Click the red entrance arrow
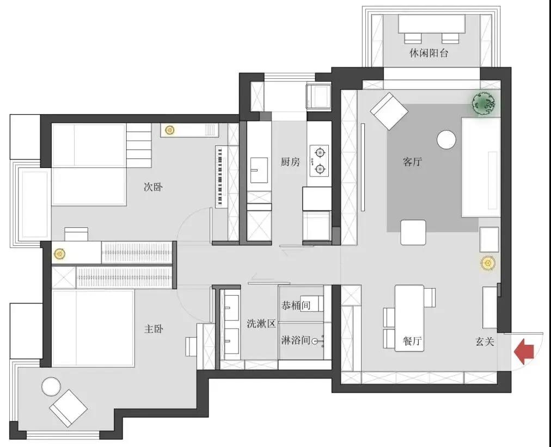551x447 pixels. click(524, 351)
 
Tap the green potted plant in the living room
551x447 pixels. click(484, 103)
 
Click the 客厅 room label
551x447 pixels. click(412, 162)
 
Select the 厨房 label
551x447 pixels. click(290, 162)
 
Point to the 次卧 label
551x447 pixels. click(153, 187)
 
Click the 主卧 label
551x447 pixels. click(154, 329)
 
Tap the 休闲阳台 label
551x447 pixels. click(428, 53)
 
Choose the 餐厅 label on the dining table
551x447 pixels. click(412, 341)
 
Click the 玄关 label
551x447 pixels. click(485, 342)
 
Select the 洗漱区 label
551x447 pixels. click(261, 324)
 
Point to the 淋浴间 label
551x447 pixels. click(296, 340)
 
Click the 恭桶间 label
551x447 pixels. click(296, 305)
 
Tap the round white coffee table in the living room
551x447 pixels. click(446, 139)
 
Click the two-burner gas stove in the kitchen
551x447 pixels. click(320, 161)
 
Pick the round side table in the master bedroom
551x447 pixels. click(51, 386)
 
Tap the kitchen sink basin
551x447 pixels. click(259, 170)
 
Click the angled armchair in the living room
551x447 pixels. click(389, 111)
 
